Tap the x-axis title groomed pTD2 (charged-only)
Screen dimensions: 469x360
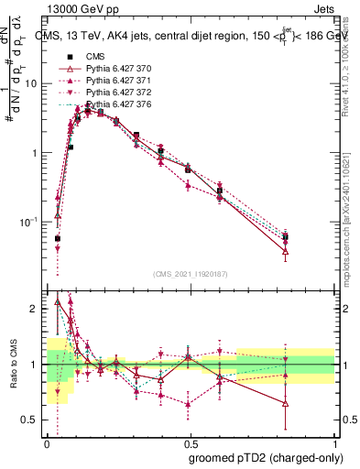tap(263, 457)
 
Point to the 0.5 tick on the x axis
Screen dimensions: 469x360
tap(191, 442)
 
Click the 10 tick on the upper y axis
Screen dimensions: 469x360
tap(31, 83)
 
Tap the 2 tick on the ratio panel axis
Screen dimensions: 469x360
tap(36, 309)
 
